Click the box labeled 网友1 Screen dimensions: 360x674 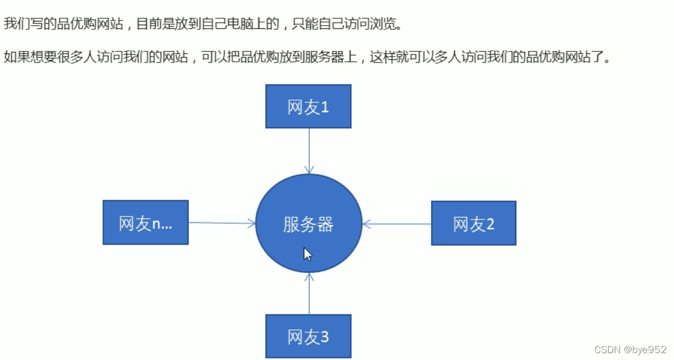(x=308, y=106)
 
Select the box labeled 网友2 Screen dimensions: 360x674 (x=473, y=223)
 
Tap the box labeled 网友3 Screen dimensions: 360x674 (x=308, y=336)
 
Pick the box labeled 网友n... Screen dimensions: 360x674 (x=145, y=222)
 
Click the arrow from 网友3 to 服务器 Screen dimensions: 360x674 (x=309, y=293)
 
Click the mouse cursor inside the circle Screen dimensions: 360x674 (x=307, y=254)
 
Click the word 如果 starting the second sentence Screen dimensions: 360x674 (x=16, y=57)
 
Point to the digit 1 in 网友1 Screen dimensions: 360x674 (x=325, y=107)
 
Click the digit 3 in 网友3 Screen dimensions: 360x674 (x=325, y=336)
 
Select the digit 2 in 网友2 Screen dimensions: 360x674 (x=490, y=224)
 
